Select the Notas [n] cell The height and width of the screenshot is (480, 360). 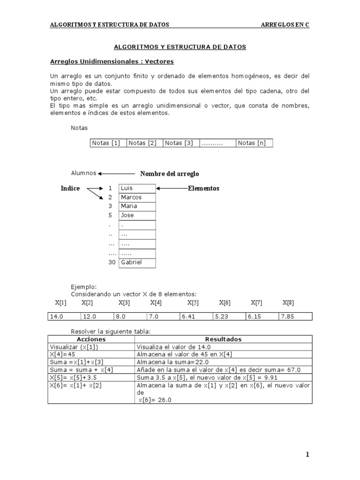(254, 143)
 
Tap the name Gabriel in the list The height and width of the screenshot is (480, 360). (131, 262)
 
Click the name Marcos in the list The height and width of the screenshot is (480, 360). (131, 197)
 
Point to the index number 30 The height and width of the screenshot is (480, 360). (112, 262)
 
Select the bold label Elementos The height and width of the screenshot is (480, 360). (203, 188)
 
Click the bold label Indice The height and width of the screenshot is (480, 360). (70, 188)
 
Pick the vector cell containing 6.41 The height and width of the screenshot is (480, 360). (196, 317)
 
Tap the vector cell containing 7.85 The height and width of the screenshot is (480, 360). (295, 317)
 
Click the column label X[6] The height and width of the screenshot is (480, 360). (225, 303)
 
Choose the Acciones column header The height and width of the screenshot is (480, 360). (91, 339)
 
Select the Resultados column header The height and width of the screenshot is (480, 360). (223, 339)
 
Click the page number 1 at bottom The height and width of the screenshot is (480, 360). (307, 454)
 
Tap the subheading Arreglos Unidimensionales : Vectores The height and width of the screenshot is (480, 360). (112, 61)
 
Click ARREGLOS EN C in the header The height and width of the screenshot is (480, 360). (285, 25)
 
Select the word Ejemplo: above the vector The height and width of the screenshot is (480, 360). (84, 286)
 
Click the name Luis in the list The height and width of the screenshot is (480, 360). (127, 188)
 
